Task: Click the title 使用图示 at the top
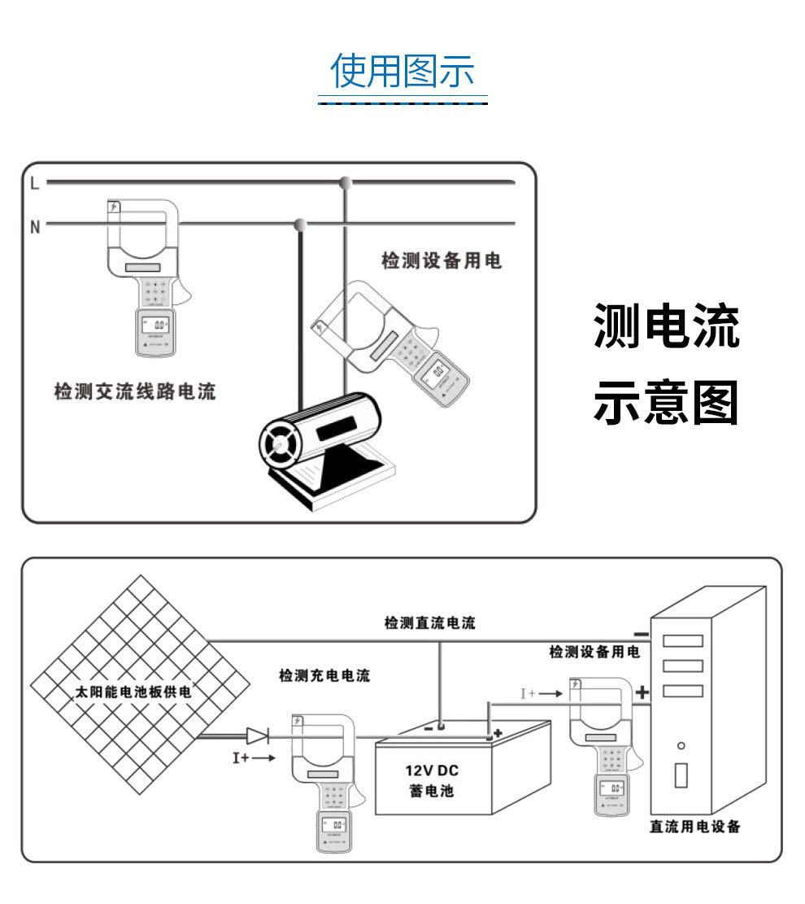[402, 72]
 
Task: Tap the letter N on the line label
[35, 228]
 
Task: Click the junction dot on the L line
[346, 181]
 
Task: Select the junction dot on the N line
[300, 223]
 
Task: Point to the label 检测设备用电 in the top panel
[442, 261]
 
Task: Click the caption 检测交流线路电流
[135, 392]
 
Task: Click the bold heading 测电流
[666, 325]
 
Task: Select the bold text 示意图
[666, 403]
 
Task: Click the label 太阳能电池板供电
[133, 692]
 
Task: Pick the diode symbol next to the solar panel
[257, 736]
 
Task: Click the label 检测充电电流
[324, 675]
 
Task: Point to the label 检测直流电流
[429, 623]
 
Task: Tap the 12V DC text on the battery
[432, 771]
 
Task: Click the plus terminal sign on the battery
[498, 733]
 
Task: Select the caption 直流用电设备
[695, 827]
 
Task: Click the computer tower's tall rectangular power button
[681, 775]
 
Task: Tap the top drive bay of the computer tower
[682, 640]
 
